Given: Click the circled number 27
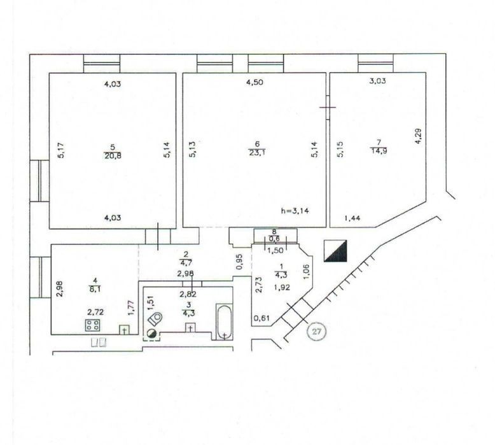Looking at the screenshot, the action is pos(317,332).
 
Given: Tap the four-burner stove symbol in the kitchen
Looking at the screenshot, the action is pos(93,325).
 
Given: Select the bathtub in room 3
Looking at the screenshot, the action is pos(224,322).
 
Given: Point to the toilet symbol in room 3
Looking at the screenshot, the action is pos(155,319).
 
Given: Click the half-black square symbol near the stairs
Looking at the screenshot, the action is pos(335,251).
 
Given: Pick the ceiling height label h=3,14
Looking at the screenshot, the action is pos(295,211).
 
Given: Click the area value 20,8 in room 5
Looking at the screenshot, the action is pos(113,156).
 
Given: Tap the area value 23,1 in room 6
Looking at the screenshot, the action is pos(256,153).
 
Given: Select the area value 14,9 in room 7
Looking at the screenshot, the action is pos(379,151).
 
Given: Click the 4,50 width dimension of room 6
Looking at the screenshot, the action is pos(254,82).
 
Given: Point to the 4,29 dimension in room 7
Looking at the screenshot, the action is pos(418,136).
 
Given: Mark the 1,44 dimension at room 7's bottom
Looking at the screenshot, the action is pos(352,218).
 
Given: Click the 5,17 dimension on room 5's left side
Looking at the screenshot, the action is pos(61,150).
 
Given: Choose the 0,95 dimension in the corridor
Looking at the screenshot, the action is pos(240,262).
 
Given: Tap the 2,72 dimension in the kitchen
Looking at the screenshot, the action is pos(95,313).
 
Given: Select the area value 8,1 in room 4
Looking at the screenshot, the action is pos(95,288).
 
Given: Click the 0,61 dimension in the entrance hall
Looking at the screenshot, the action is pos(262,318).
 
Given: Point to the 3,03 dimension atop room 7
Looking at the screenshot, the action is pos(377,81).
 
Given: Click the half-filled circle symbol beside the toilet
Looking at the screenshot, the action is pos(151,333).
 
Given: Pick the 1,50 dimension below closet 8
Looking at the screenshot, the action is pos(275,251).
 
